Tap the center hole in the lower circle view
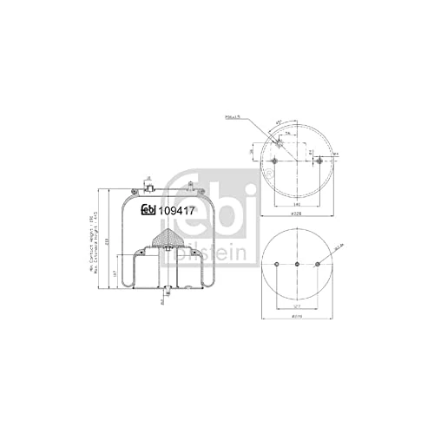(x=297, y=265)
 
